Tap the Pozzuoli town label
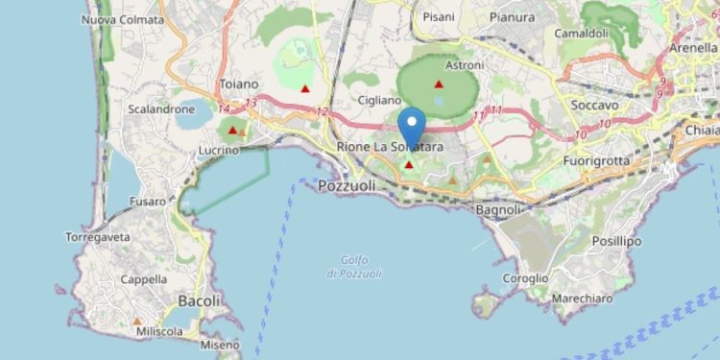click(348, 185)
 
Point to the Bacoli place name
click(199, 300)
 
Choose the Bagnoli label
click(498, 209)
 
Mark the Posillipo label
click(616, 241)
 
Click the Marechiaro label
click(583, 299)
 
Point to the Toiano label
click(239, 84)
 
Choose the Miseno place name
click(220, 345)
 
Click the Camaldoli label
click(582, 33)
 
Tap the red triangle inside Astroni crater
click(439, 84)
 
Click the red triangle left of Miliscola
click(137, 322)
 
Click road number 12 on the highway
click(321, 112)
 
